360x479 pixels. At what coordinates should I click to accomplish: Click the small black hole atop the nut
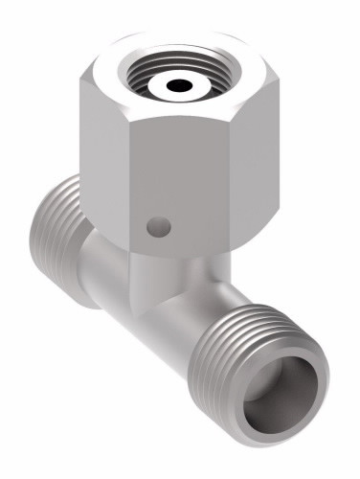177,86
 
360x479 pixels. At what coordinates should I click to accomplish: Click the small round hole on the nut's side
159,227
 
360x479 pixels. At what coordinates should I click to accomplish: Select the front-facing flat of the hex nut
177,182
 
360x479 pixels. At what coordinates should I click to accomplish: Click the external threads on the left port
63,239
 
